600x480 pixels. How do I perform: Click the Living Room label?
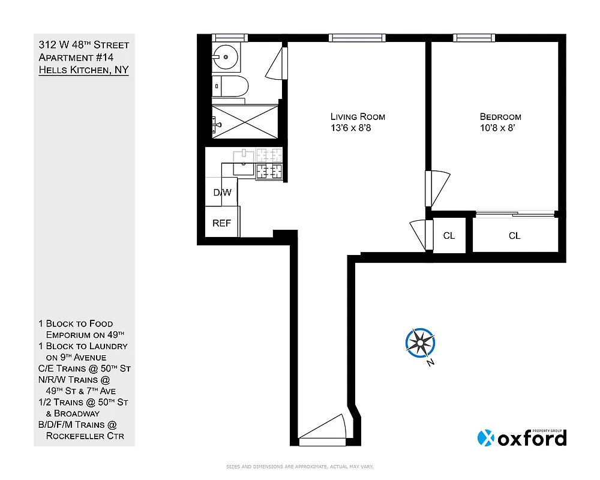358,116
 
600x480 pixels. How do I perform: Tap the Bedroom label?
500,116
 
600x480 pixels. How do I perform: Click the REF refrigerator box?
222,223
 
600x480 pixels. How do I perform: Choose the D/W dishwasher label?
222,193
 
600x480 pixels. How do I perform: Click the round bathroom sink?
226,58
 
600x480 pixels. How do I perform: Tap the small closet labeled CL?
449,236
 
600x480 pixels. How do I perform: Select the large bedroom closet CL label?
514,236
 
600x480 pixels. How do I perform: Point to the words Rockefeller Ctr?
85,436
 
